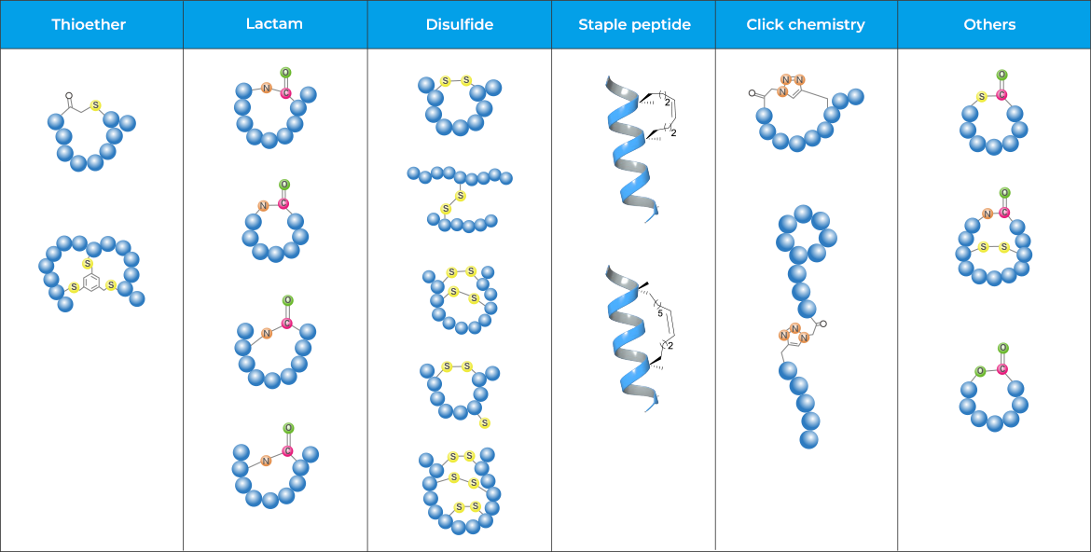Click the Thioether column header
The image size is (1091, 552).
tap(90, 25)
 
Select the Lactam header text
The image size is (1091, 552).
tap(274, 24)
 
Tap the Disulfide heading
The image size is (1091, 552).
tap(459, 25)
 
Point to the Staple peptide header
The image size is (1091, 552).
tap(634, 25)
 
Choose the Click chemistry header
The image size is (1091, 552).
tap(806, 25)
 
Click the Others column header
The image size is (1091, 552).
tap(989, 25)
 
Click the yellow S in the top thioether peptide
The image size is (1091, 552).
tap(95, 105)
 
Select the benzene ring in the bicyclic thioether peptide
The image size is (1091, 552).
tap(90, 280)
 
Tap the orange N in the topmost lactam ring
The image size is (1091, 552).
tap(266, 89)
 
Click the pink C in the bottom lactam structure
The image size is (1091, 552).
tap(287, 451)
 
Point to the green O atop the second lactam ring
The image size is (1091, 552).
tap(283, 185)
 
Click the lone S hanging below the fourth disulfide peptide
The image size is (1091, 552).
tap(485, 423)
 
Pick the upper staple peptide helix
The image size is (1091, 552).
tap(631, 149)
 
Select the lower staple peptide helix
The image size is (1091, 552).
tap(631, 338)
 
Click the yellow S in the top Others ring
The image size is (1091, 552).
tap(982, 96)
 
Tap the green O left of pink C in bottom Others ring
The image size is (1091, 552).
tap(980, 371)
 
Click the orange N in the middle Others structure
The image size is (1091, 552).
tap(987, 214)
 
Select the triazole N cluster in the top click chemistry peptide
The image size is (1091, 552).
tap(791, 85)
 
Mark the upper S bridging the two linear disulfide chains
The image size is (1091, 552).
tap(460, 196)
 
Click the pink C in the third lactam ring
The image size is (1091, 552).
tap(286, 324)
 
